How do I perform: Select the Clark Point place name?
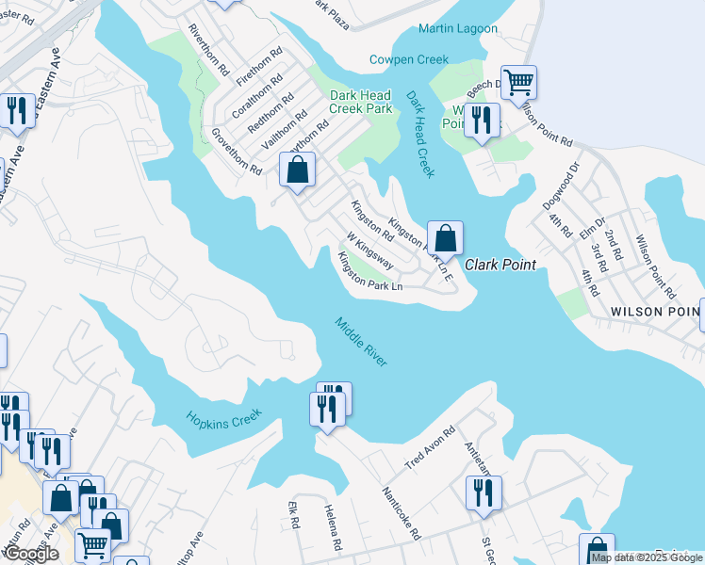[x=500, y=265]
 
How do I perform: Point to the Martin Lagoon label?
[x=457, y=29]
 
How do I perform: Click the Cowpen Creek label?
[x=409, y=59]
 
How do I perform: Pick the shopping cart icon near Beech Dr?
[x=518, y=82]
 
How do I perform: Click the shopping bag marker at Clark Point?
[x=445, y=236]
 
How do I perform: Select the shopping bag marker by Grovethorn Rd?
[x=297, y=170]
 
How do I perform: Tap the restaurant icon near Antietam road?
[x=484, y=492]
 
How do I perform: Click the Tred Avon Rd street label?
[x=431, y=448]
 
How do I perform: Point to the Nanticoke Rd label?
[x=401, y=513]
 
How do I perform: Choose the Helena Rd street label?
[x=333, y=526]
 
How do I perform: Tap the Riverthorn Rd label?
[x=209, y=49]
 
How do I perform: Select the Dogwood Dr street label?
[x=568, y=183]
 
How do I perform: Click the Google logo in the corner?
[x=30, y=554]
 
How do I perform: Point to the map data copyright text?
[x=647, y=557]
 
